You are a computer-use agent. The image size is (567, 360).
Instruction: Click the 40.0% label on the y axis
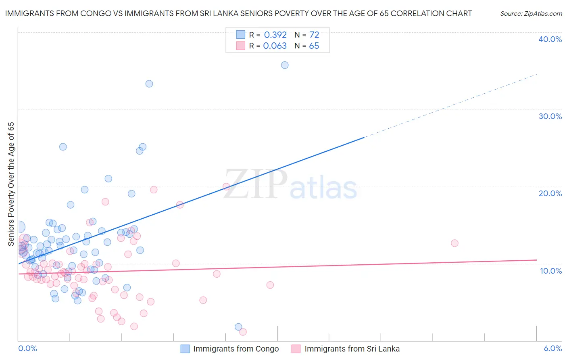click(550, 39)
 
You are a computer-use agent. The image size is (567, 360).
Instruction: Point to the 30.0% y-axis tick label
click(550, 116)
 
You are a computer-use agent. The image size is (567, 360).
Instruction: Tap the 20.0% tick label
click(550, 193)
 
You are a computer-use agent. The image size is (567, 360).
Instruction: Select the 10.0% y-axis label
click(550, 271)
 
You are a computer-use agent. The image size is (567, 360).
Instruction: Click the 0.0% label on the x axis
click(27, 348)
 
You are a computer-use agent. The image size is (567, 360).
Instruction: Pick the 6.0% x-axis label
click(552, 348)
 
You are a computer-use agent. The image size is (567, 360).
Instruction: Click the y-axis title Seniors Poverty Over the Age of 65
click(11, 184)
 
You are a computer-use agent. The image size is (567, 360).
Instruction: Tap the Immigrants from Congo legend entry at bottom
click(236, 349)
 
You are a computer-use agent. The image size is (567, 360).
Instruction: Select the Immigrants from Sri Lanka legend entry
click(352, 349)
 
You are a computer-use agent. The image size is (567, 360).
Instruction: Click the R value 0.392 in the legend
click(275, 35)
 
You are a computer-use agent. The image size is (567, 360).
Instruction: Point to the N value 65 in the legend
click(314, 46)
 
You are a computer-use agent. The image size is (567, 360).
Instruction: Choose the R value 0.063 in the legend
click(275, 46)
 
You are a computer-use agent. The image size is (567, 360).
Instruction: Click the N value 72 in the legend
click(314, 35)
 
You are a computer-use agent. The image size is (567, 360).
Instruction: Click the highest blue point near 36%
click(285, 65)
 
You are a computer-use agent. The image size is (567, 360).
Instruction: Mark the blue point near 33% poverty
click(149, 84)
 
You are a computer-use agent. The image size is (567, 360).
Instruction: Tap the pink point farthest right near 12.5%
click(454, 243)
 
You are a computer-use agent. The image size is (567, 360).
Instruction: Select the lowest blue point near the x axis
click(238, 327)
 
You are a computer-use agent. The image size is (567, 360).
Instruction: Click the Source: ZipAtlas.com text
click(531, 14)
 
